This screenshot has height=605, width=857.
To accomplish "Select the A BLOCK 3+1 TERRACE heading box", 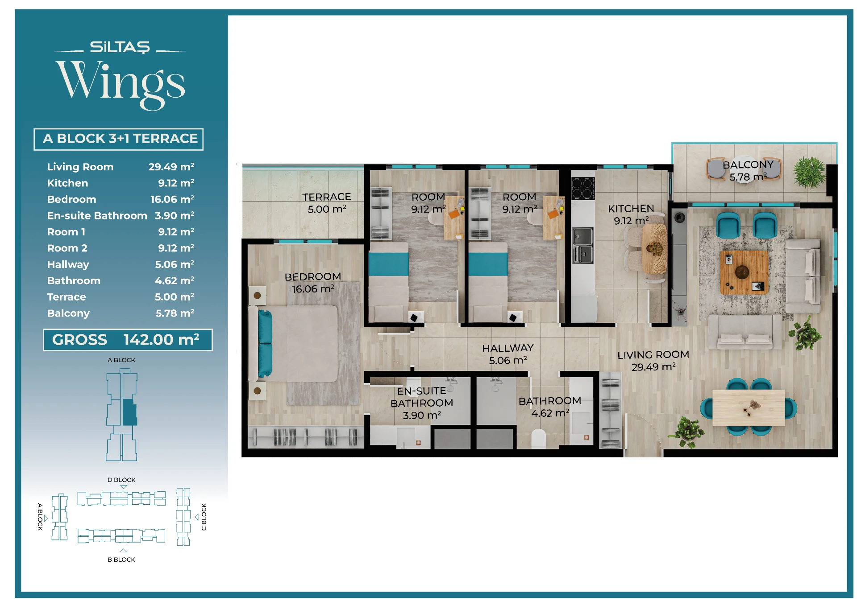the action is click(x=118, y=139).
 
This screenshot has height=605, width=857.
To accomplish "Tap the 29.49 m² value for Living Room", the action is click(x=171, y=167).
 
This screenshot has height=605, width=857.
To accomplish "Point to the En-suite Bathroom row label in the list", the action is click(x=97, y=216).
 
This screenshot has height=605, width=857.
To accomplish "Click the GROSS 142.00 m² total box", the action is click(x=128, y=340).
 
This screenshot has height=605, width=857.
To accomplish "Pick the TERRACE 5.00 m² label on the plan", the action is click(x=327, y=203).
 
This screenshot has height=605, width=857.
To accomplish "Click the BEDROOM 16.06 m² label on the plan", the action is click(x=313, y=283).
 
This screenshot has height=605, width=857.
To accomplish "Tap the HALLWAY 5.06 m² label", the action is click(x=508, y=354).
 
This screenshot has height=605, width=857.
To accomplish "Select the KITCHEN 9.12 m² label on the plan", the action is click(x=631, y=214).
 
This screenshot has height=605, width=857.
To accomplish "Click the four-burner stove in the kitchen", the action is click(x=583, y=188).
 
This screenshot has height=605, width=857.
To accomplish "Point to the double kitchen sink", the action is click(x=583, y=245).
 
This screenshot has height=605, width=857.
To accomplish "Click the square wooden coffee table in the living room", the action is click(x=744, y=272).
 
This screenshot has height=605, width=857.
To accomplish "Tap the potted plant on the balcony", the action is click(x=809, y=172).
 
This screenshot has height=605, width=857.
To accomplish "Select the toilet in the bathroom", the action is click(x=539, y=439).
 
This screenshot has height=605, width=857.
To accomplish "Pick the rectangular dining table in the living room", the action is click(x=749, y=407).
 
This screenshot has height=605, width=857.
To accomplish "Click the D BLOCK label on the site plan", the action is click(x=121, y=480).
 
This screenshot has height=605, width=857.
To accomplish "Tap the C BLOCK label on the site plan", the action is click(x=204, y=517).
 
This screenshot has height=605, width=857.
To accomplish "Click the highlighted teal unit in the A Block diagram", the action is click(x=129, y=412).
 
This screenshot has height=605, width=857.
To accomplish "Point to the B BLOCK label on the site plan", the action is click(x=121, y=560).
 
